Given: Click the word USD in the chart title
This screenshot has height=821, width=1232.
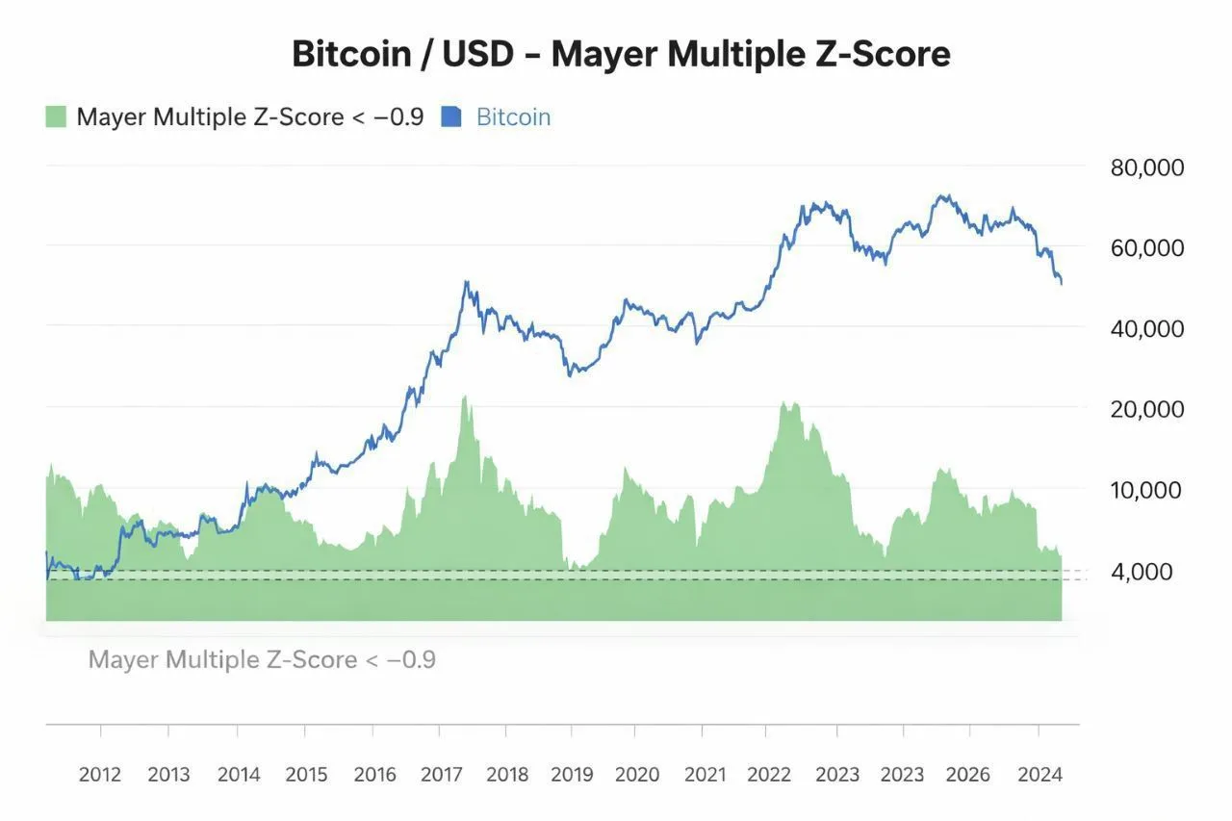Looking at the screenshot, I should (x=487, y=55).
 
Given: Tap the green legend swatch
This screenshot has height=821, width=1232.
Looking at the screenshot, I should (x=56, y=117).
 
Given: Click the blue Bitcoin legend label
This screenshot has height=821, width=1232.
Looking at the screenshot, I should (x=514, y=117).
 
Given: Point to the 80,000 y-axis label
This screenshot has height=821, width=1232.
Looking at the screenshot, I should (x=1147, y=167).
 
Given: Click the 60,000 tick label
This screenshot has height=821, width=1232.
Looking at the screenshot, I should (x=1147, y=247).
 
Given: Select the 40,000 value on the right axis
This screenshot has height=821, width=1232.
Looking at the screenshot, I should (x=1147, y=328).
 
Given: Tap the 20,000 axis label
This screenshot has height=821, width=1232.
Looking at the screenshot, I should (x=1147, y=409).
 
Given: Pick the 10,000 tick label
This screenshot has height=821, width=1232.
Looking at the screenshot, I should (x=1147, y=490).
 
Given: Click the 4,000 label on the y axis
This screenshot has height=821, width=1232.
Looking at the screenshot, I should (x=1142, y=572).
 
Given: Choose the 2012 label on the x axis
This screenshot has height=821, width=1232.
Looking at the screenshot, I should (x=100, y=775).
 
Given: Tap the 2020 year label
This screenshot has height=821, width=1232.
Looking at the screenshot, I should (x=637, y=775).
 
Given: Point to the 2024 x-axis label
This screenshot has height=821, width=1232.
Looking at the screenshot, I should (x=1039, y=775).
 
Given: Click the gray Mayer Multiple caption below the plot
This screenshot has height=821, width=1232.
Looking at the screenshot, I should (x=262, y=660).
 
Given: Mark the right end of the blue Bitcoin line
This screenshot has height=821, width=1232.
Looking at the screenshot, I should (x=1061, y=283).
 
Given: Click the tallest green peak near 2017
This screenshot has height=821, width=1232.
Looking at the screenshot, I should (x=465, y=397).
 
